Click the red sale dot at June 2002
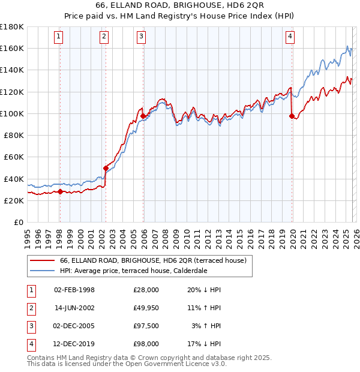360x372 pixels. coord(106,168)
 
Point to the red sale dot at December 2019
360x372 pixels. coord(292,116)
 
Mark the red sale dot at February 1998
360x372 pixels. coord(60,192)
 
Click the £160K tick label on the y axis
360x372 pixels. coord(12,48)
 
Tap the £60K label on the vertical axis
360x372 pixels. coord(14,157)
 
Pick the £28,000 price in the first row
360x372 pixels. coord(146,289)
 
